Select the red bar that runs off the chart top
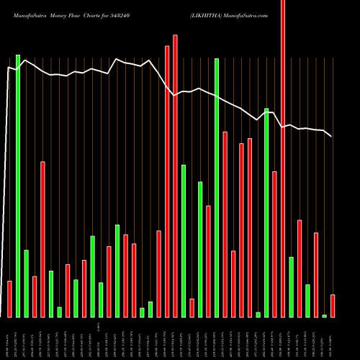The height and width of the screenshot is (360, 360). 283,158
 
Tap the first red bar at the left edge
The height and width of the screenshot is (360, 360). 9,299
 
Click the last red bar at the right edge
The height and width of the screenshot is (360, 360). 333,305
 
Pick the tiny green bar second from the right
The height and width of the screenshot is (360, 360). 325,315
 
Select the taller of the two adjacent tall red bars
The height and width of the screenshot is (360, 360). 175,176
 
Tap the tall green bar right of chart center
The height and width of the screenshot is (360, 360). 217,187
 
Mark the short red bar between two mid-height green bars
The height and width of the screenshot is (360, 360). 192,307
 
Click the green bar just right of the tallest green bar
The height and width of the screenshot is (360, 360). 26,283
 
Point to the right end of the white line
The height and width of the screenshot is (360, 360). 331,136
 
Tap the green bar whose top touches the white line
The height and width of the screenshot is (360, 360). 266,212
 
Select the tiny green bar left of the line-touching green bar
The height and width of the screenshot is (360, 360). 258,314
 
